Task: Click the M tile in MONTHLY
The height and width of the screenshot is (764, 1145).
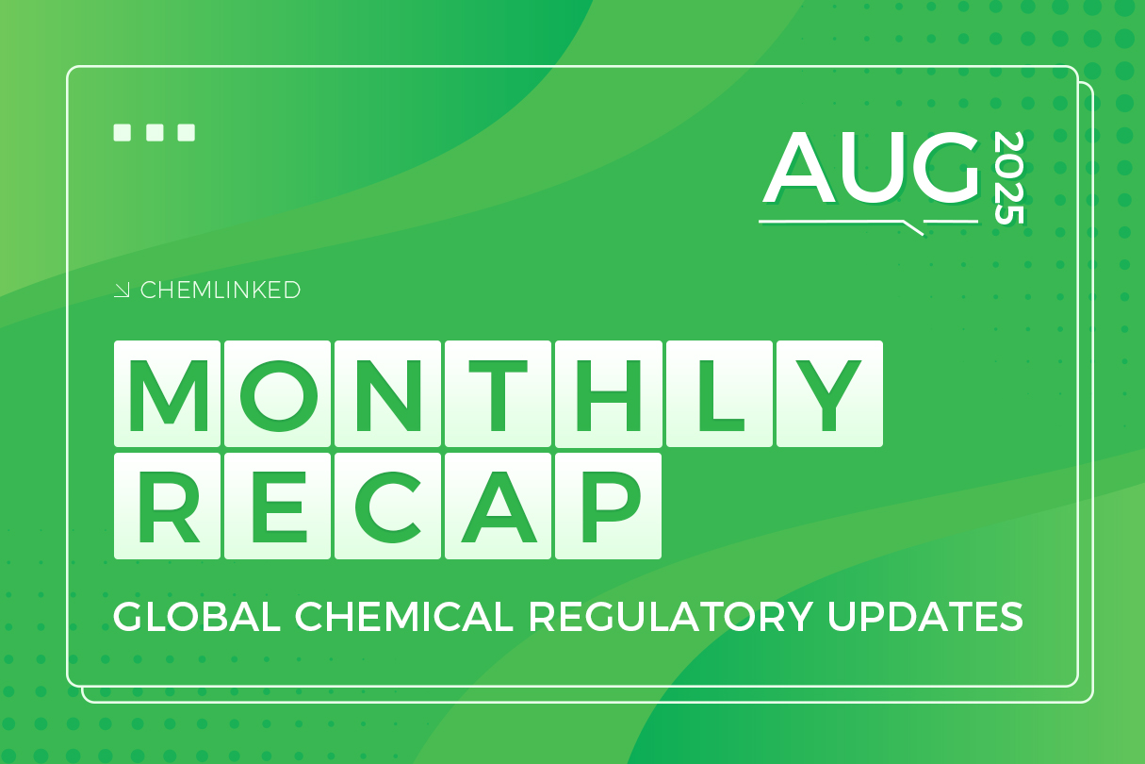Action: point(168,393)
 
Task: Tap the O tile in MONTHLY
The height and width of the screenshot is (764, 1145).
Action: point(278,393)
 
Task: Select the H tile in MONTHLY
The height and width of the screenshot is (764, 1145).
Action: point(609,393)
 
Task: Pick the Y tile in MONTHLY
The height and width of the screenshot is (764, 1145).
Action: point(829,393)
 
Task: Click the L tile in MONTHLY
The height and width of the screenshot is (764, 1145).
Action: point(719,393)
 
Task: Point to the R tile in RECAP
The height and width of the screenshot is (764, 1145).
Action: point(168,506)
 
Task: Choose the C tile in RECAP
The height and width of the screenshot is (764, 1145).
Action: point(388,506)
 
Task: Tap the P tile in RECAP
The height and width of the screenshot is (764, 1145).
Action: point(609,506)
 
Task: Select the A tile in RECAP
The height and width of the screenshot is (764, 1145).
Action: point(499,506)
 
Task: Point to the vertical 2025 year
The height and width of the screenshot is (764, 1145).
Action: point(1008,178)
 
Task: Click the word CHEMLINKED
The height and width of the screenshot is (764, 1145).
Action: point(221,291)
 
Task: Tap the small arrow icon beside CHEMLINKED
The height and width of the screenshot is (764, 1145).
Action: point(123,291)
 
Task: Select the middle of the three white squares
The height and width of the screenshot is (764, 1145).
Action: point(155,133)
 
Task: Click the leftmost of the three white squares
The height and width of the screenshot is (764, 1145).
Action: point(123,133)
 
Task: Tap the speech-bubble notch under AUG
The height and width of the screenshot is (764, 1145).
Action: point(912,227)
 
